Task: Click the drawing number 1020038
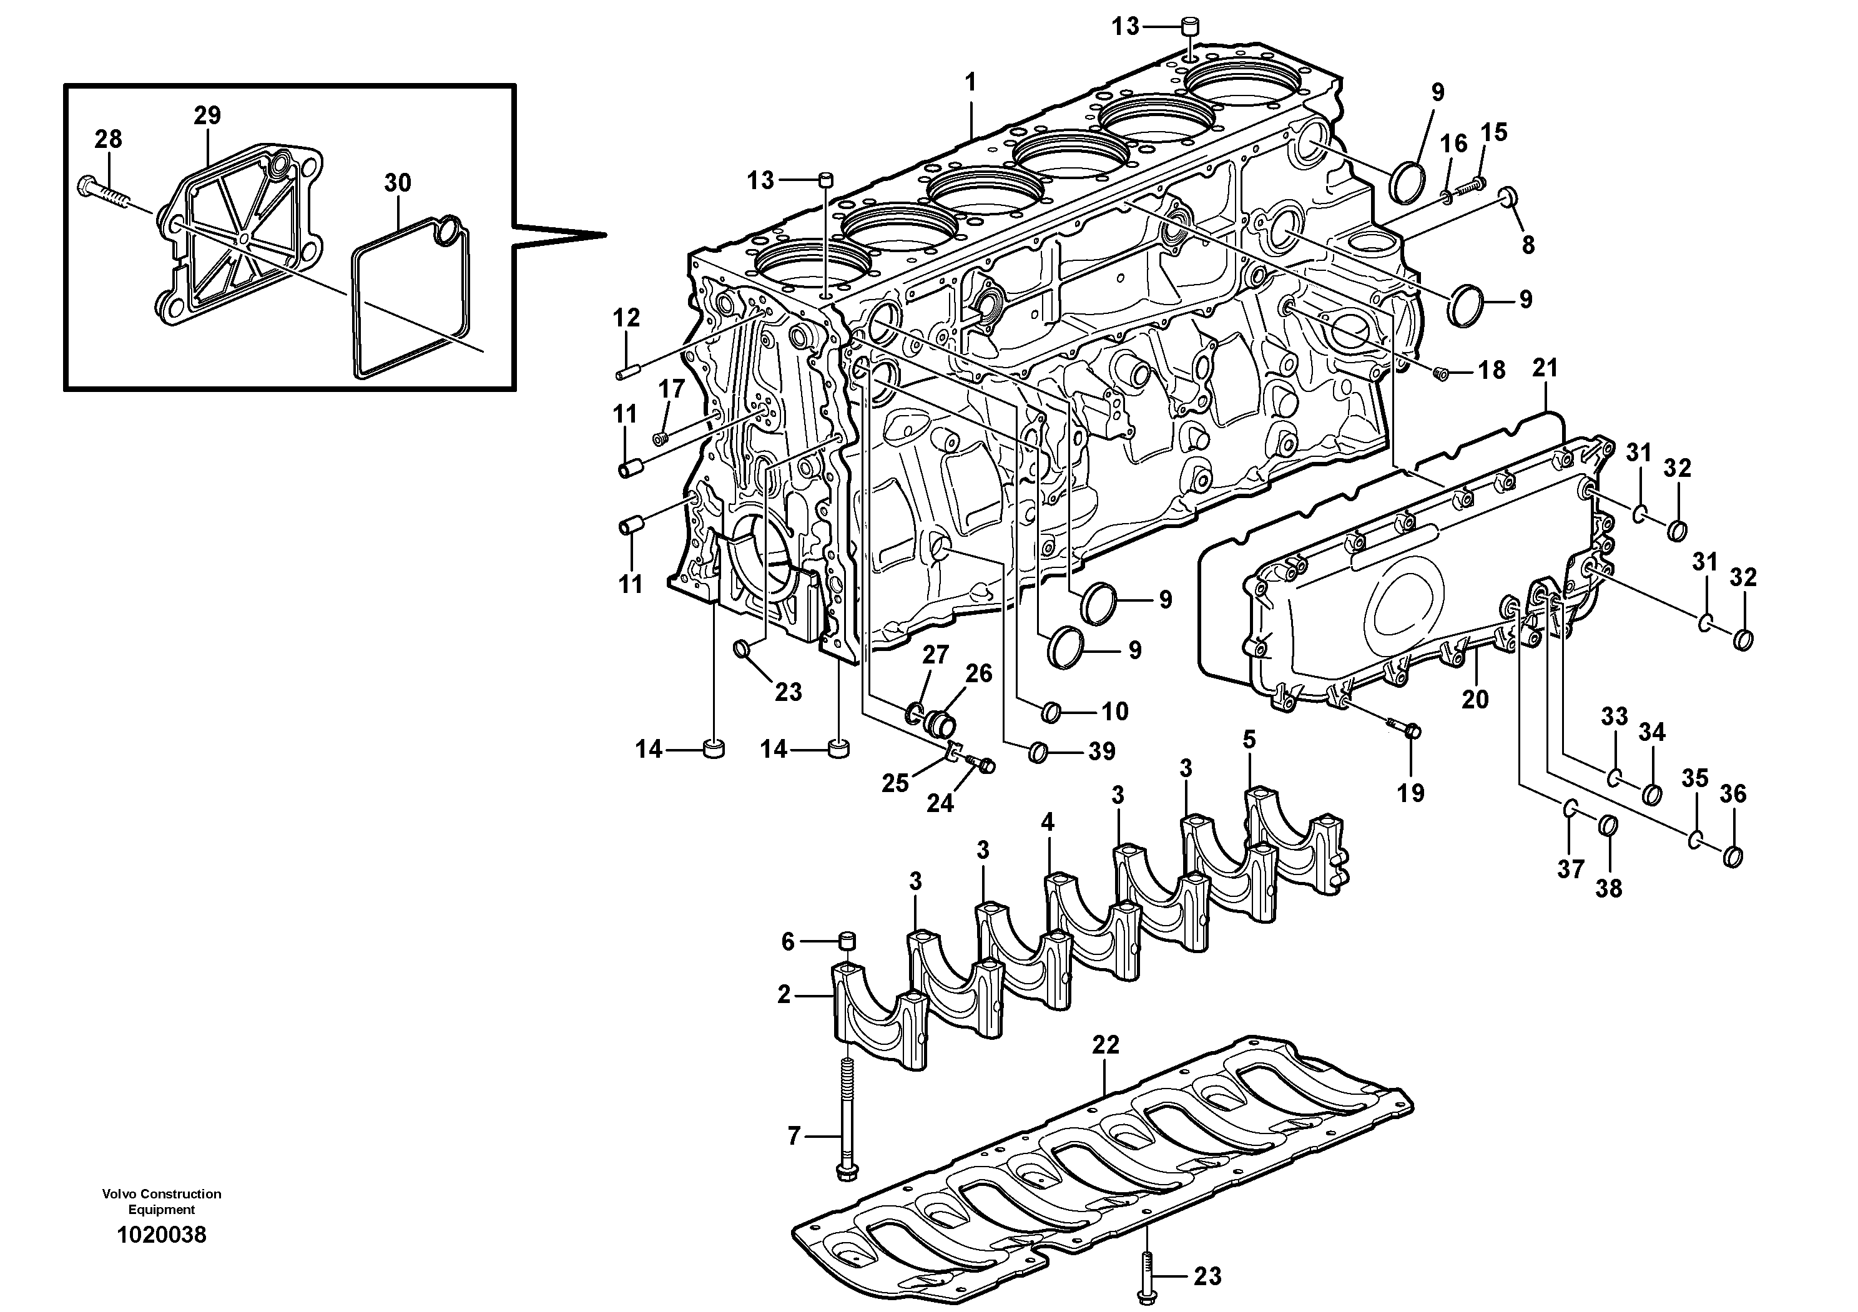point(161,1235)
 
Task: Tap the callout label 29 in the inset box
point(207,115)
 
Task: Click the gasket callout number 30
point(397,183)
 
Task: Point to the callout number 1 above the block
point(970,82)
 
